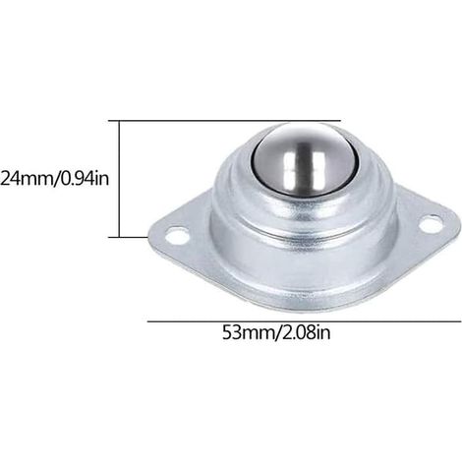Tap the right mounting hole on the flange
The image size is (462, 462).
click(x=430, y=223)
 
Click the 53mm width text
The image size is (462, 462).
click(x=248, y=332)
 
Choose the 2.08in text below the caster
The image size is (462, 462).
click(x=306, y=332)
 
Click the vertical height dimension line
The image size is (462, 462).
click(x=120, y=179)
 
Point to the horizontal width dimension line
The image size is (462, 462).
click(x=304, y=321)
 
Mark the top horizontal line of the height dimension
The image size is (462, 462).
click(x=225, y=121)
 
